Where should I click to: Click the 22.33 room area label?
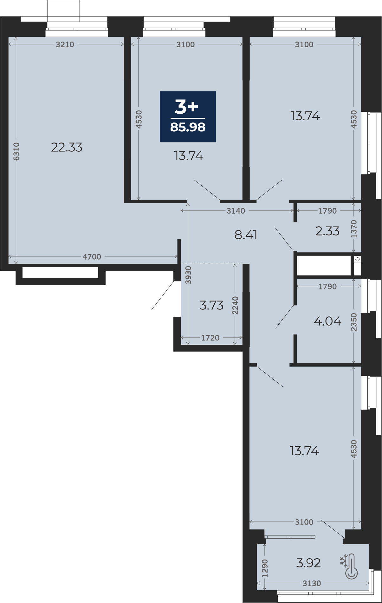(67, 148)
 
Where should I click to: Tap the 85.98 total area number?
(188, 127)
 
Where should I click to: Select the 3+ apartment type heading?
(186, 107)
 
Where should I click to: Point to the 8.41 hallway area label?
(246, 235)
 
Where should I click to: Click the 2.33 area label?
(327, 231)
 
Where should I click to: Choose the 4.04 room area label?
(327, 321)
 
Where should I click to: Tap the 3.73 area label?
(211, 305)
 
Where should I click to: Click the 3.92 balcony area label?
(308, 563)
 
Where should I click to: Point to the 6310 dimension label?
(16, 151)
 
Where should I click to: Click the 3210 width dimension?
(65, 45)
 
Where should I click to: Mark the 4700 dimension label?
(92, 257)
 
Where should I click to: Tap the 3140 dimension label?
(236, 211)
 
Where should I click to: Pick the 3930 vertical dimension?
(188, 275)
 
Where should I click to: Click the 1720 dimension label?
(210, 338)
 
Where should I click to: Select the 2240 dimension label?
(235, 305)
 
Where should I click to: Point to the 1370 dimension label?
(354, 229)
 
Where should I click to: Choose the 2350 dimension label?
(354, 322)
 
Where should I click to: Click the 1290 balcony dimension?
(265, 568)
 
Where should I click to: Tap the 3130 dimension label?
(312, 583)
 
